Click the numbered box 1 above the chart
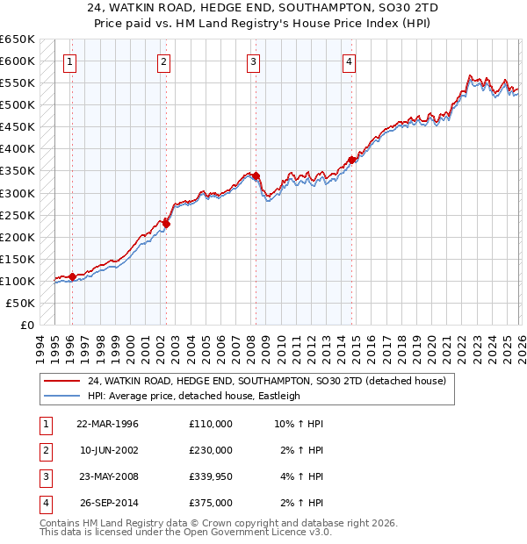tap(69, 61)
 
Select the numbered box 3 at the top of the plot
tap(253, 61)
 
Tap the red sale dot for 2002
tap(166, 223)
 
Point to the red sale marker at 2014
tap(351, 160)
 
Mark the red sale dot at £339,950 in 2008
tap(256, 175)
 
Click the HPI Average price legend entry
tap(193, 396)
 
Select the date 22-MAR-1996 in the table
tap(107, 424)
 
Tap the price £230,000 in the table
tap(211, 450)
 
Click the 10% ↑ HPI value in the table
tap(300, 424)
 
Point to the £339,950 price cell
tap(211, 476)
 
